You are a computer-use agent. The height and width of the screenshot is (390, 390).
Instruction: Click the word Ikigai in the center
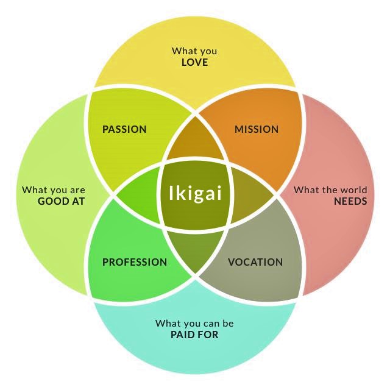click(195, 195)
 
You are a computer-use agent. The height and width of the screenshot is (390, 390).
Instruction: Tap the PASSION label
click(124, 129)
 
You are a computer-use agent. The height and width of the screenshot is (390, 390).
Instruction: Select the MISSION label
click(257, 129)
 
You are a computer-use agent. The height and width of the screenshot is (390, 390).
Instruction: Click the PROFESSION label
click(135, 262)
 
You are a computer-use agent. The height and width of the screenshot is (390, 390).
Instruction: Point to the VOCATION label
click(255, 262)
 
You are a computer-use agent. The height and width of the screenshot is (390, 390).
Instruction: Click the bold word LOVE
click(194, 62)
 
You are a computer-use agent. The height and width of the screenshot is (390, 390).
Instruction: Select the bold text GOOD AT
click(61, 201)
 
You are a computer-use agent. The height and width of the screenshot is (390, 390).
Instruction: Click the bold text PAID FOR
click(194, 335)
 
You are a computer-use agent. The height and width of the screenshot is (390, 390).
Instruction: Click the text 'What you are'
click(54, 190)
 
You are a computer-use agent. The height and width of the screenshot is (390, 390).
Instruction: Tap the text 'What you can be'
click(194, 323)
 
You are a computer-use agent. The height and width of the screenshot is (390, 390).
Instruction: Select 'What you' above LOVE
click(194, 51)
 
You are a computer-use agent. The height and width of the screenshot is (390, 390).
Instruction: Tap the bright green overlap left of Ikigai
click(139, 196)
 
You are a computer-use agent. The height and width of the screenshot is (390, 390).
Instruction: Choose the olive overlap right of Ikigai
click(251, 196)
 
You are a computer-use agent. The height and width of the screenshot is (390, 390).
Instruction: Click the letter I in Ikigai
click(171, 194)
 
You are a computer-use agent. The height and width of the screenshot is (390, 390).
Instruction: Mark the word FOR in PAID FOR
click(208, 335)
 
